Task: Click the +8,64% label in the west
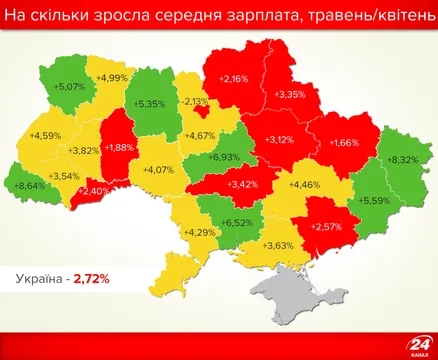[30, 185]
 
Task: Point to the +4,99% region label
[112, 78]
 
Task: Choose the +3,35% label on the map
[290, 94]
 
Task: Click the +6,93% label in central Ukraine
[225, 158]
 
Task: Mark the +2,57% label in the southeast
[326, 227]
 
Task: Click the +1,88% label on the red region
[118, 148]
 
